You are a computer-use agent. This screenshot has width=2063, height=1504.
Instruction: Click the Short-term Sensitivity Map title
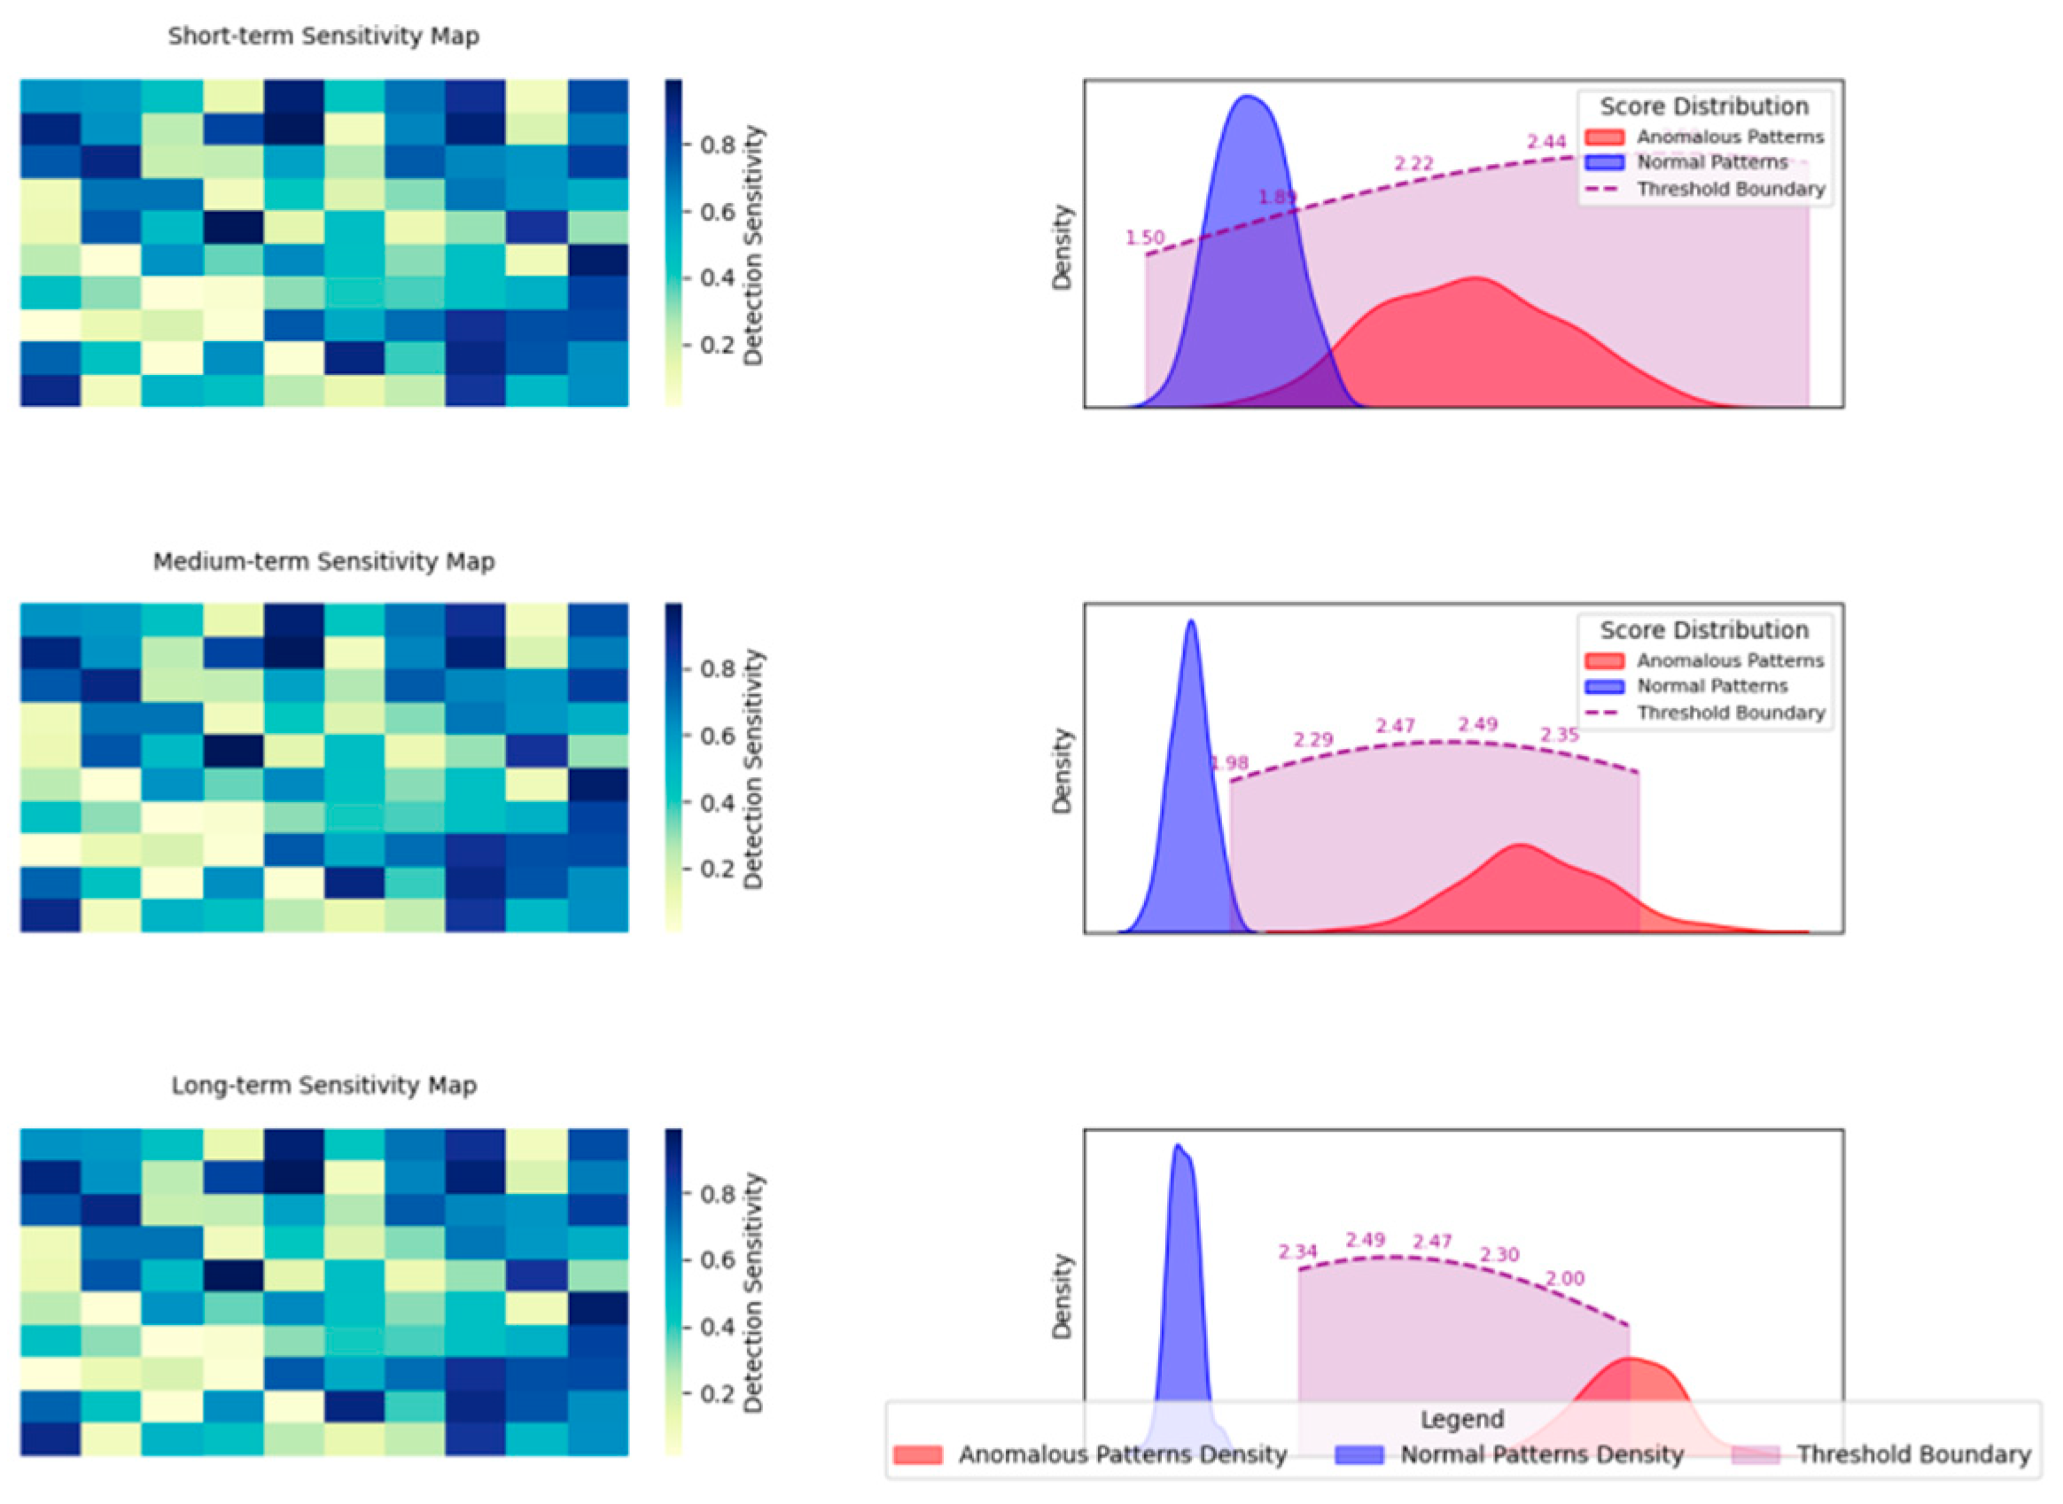(x=323, y=36)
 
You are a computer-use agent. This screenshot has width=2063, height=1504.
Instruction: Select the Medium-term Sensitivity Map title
(x=323, y=562)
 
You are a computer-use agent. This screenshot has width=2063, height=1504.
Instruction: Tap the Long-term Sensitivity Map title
(x=323, y=1085)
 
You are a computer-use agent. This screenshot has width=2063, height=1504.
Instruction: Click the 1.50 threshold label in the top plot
(x=1144, y=238)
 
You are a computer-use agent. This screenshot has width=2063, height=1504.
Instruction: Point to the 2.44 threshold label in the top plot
(x=1545, y=142)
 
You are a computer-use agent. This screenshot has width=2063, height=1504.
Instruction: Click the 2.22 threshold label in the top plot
(x=1413, y=164)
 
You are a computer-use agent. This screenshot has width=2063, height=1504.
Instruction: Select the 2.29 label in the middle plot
(x=1312, y=739)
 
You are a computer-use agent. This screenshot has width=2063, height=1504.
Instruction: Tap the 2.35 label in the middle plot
(x=1559, y=735)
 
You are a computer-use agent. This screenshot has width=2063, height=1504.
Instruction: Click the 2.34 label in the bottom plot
(x=1296, y=1251)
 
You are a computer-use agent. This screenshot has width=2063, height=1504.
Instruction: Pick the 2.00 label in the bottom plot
(x=1564, y=1278)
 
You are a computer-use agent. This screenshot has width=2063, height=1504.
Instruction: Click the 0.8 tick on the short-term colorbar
(x=718, y=145)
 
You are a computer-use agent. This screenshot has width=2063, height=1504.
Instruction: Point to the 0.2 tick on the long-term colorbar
(x=718, y=1394)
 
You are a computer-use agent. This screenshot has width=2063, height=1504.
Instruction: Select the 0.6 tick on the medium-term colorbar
(x=718, y=736)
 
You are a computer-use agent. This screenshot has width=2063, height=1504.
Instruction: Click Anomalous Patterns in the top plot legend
(x=1730, y=137)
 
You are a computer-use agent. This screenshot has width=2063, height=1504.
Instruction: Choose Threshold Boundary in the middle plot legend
(x=1731, y=713)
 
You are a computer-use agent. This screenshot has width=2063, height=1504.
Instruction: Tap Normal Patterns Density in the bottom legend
(x=1541, y=1455)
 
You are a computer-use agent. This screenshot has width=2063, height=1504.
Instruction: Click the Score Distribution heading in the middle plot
(x=1703, y=630)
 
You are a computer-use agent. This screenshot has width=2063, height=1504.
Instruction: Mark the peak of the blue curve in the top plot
(x=1247, y=97)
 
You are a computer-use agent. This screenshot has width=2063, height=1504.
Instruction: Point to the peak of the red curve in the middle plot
(x=1520, y=845)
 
